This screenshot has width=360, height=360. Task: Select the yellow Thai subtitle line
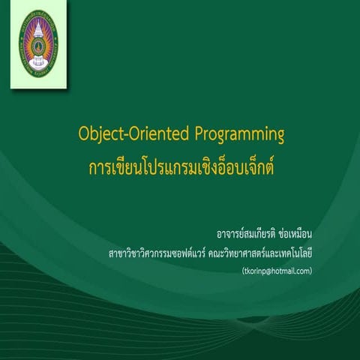(x=180, y=165)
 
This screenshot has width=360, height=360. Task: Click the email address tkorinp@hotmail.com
(x=271, y=271)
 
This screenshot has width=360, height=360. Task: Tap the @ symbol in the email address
(x=264, y=271)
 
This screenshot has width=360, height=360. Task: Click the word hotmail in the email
(x=280, y=271)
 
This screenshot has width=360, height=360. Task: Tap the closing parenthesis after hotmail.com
(x=310, y=271)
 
